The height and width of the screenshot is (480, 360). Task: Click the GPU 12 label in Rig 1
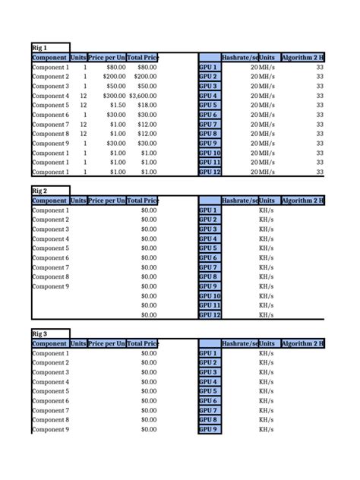pyautogui.click(x=210, y=172)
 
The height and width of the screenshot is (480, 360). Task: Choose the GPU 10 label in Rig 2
pyautogui.click(x=210, y=295)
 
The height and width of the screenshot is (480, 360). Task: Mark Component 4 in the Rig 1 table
pyautogui.click(x=50, y=96)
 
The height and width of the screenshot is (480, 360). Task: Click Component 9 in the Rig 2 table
pyautogui.click(x=50, y=286)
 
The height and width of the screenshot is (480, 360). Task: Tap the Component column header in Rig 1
pyautogui.click(x=49, y=58)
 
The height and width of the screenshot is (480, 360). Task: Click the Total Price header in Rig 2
pyautogui.click(x=143, y=201)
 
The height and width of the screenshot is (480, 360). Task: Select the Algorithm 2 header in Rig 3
pyautogui.click(x=302, y=343)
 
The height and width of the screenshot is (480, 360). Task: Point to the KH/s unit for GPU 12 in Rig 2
pyautogui.click(x=267, y=314)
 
